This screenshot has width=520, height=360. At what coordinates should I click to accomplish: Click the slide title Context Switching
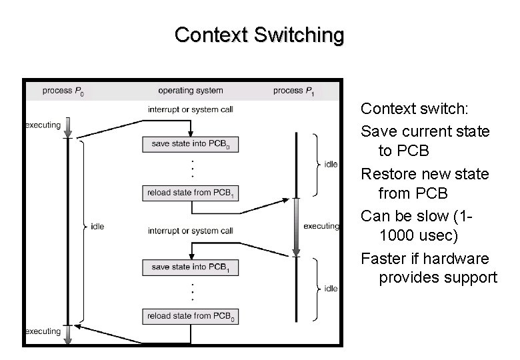point(259,35)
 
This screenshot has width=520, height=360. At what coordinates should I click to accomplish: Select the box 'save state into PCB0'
point(190,144)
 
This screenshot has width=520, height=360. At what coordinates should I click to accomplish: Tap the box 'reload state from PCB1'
point(190,193)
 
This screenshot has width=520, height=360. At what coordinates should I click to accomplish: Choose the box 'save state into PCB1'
point(190,267)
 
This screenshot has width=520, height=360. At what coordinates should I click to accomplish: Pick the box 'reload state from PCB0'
point(190,316)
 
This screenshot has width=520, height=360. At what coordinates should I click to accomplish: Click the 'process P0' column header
point(63,91)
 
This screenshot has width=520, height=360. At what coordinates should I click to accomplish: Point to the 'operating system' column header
point(190,91)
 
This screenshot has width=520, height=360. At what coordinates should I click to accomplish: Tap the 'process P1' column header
point(294,91)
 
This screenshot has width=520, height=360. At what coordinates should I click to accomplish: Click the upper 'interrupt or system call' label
point(190,109)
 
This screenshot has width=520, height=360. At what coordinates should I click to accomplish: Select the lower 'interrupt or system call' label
point(190,231)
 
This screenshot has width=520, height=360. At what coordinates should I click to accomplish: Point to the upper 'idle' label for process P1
point(330,165)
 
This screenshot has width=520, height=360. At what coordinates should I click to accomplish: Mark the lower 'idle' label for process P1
point(330,289)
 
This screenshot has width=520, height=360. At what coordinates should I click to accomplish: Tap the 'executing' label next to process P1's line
point(321,226)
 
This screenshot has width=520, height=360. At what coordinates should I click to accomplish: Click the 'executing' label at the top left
point(43,125)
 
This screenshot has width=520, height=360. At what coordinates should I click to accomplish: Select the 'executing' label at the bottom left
point(43,331)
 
